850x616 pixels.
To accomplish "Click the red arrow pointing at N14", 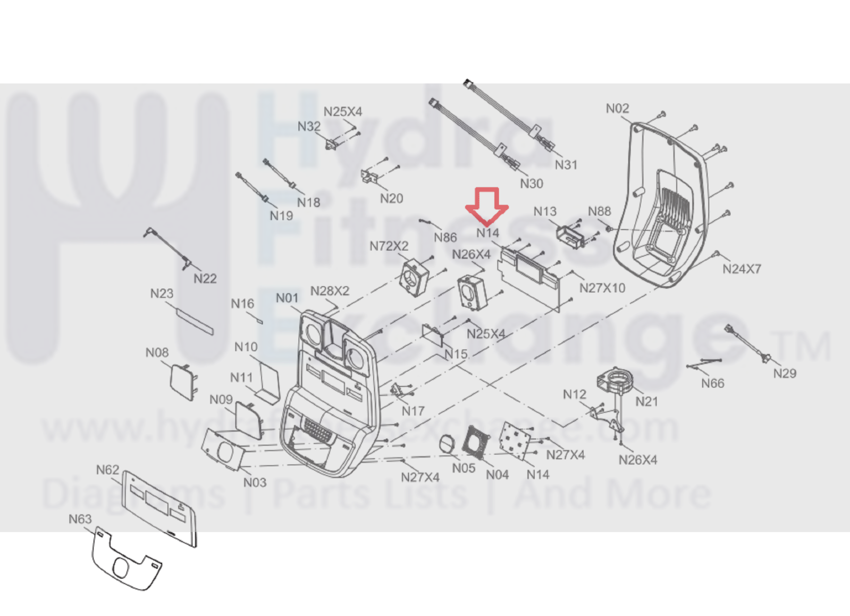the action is (487, 205).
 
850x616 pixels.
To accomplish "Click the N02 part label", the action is (617, 109).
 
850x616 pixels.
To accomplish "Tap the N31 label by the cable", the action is (566, 165).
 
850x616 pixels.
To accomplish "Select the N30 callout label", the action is (531, 184).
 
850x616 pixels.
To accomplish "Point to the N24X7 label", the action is (742, 269).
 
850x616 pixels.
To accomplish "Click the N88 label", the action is (599, 211).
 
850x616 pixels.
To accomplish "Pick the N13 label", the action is (545, 212).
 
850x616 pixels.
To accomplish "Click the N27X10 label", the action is (602, 288).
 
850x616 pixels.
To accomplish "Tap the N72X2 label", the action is (389, 246).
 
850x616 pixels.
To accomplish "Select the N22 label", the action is (205, 279).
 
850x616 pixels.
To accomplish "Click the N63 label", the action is (80, 519).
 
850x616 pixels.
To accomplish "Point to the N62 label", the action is (107, 470).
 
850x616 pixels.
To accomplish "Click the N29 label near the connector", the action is (785, 373).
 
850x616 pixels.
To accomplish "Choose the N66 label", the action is (712, 384).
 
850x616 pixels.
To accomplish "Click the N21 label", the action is (646, 402).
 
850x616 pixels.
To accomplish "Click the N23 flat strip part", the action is (194, 321).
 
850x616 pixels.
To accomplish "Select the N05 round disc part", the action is (447, 445).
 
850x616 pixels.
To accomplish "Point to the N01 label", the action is (287, 298).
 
